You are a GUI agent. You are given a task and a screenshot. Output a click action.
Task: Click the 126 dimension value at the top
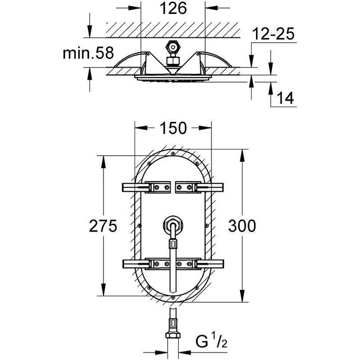tap(173, 9)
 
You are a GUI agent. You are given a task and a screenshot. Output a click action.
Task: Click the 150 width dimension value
tap(173, 128)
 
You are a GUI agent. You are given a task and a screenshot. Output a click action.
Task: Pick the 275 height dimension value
tap(103, 226)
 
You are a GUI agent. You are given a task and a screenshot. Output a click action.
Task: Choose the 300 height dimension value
tap(242, 226)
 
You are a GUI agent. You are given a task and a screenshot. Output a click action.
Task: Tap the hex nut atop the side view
tap(172, 47)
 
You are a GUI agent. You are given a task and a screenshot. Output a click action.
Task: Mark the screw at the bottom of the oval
tap(172, 297)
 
